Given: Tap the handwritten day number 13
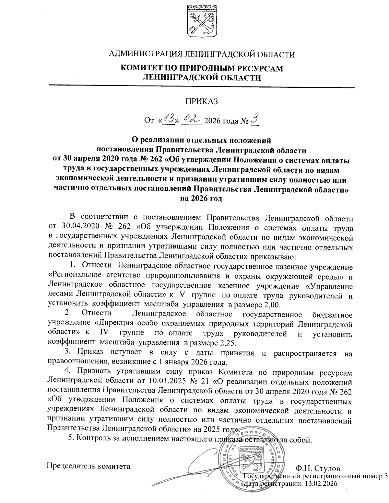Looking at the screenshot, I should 168,120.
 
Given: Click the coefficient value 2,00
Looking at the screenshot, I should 271,305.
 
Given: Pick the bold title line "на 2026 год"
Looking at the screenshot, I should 201,199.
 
